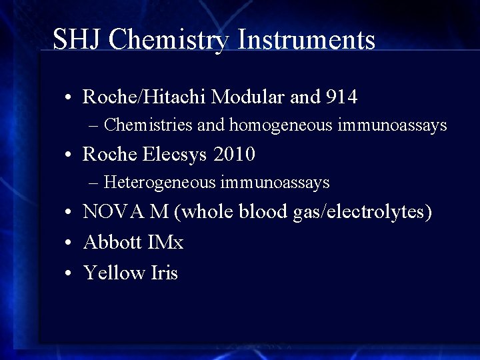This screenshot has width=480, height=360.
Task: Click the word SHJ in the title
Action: (x=77, y=39)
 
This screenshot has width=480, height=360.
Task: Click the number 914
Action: (x=342, y=97)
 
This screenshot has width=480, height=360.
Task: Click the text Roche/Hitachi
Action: (x=144, y=97)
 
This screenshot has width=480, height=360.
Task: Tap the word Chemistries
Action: (x=147, y=125)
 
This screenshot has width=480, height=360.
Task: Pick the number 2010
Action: (x=234, y=155)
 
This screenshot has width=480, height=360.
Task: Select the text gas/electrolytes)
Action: (x=363, y=212)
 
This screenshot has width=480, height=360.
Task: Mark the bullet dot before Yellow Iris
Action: (x=69, y=273)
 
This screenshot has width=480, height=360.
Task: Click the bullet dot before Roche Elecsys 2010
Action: (x=69, y=155)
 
